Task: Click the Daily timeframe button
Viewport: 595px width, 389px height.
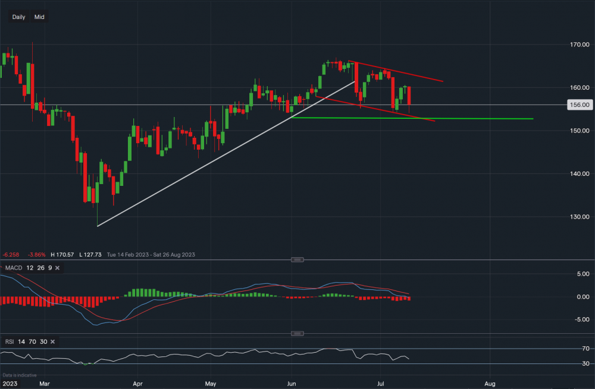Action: click(x=18, y=17)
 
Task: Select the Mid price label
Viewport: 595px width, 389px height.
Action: click(x=39, y=17)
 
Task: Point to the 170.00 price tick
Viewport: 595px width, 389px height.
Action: click(x=579, y=45)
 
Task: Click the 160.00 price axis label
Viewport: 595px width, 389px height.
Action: click(x=579, y=87)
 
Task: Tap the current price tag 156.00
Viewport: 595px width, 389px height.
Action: click(x=579, y=105)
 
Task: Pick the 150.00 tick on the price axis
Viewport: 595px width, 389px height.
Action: click(x=579, y=131)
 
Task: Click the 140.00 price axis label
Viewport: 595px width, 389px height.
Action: click(x=579, y=173)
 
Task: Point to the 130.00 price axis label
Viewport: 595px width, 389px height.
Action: click(x=579, y=217)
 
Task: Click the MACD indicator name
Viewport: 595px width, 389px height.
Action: click(x=13, y=268)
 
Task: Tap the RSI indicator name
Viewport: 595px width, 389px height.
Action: click(x=10, y=341)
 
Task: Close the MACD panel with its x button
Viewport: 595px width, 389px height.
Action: click(x=57, y=268)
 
